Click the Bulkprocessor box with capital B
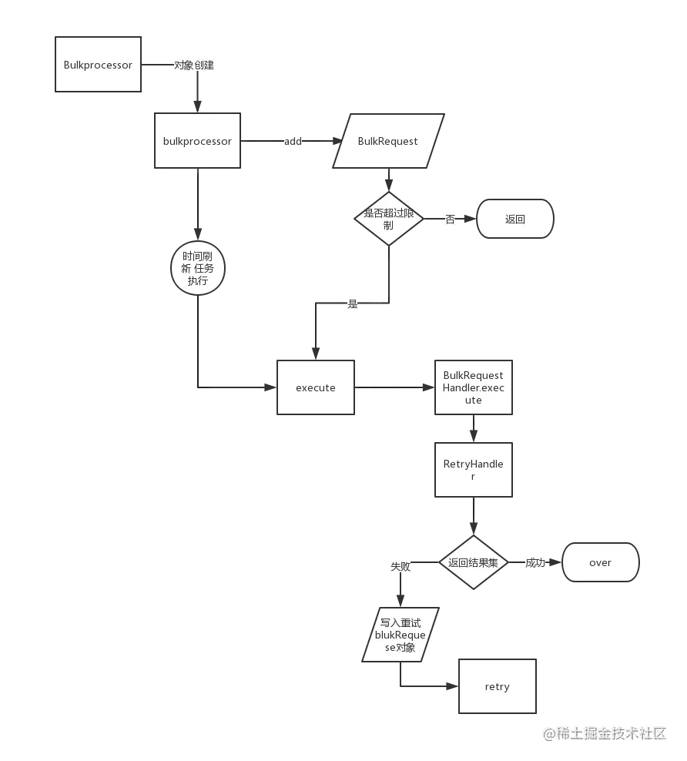coord(98,65)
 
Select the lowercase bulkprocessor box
coord(197,141)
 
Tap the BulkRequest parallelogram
coord(388,141)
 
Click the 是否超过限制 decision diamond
coord(389,219)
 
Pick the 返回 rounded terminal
coord(514,219)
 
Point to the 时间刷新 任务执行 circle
coord(198,268)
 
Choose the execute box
coord(316,387)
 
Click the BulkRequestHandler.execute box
coord(473,387)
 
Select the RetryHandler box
coord(473,470)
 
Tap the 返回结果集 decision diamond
coord(473,562)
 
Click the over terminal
coord(600,562)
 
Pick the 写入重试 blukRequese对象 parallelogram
coord(400,635)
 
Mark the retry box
coord(497,686)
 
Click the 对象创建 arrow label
coord(194,65)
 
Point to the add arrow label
coord(293,141)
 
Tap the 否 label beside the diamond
coord(450,220)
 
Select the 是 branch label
coord(352,303)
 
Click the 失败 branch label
coord(400,566)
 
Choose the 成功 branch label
coord(535,563)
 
